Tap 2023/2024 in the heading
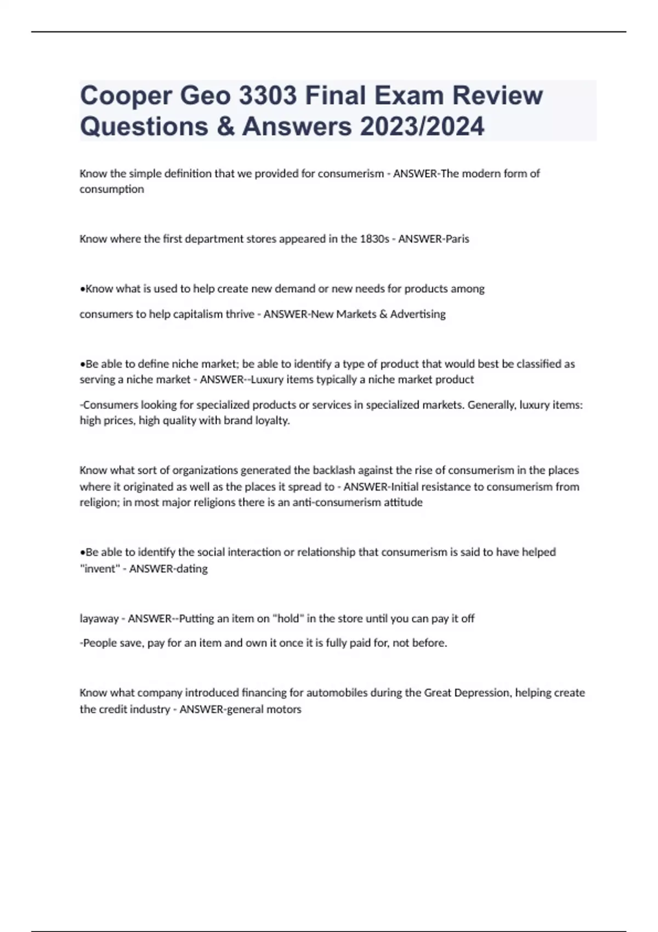tap(422, 126)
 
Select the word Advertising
tap(418, 314)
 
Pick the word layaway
tap(99, 618)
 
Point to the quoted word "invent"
tap(99, 569)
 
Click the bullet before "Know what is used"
tap(82, 289)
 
